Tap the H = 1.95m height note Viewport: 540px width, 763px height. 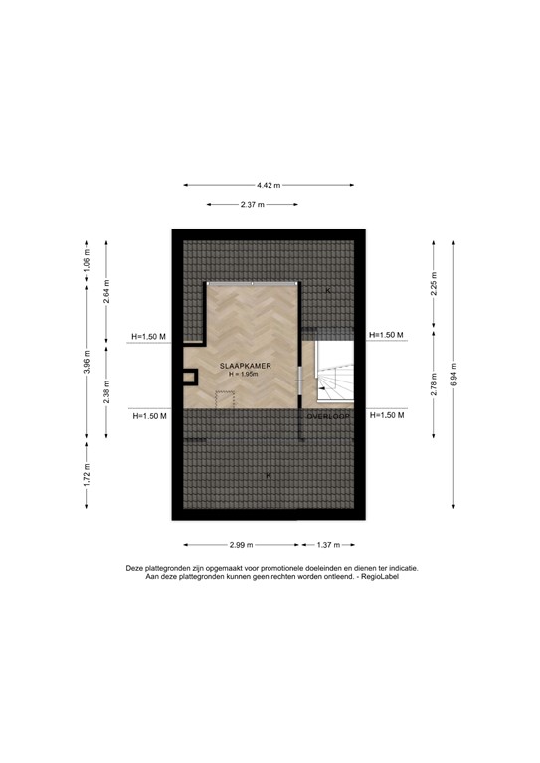244,375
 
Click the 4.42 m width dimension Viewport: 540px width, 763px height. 269,185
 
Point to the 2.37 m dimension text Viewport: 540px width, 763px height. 253,205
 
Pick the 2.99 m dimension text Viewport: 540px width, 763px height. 240,545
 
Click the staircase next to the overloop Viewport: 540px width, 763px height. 333,378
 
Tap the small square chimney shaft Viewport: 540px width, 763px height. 189,378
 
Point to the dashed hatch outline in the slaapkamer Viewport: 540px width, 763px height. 224,397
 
